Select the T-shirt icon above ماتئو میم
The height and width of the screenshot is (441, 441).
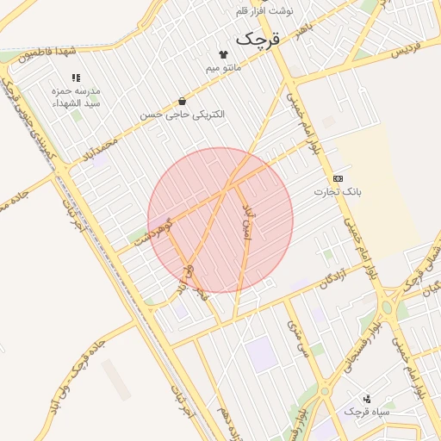tap(235, 54)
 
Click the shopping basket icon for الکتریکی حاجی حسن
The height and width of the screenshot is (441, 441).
tap(181, 102)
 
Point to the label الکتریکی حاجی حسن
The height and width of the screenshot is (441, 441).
tap(182, 115)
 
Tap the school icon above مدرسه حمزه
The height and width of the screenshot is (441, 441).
tap(76, 78)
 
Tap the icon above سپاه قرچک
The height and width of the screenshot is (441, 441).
tap(368, 399)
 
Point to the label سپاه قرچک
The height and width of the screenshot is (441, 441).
tap(368, 413)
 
